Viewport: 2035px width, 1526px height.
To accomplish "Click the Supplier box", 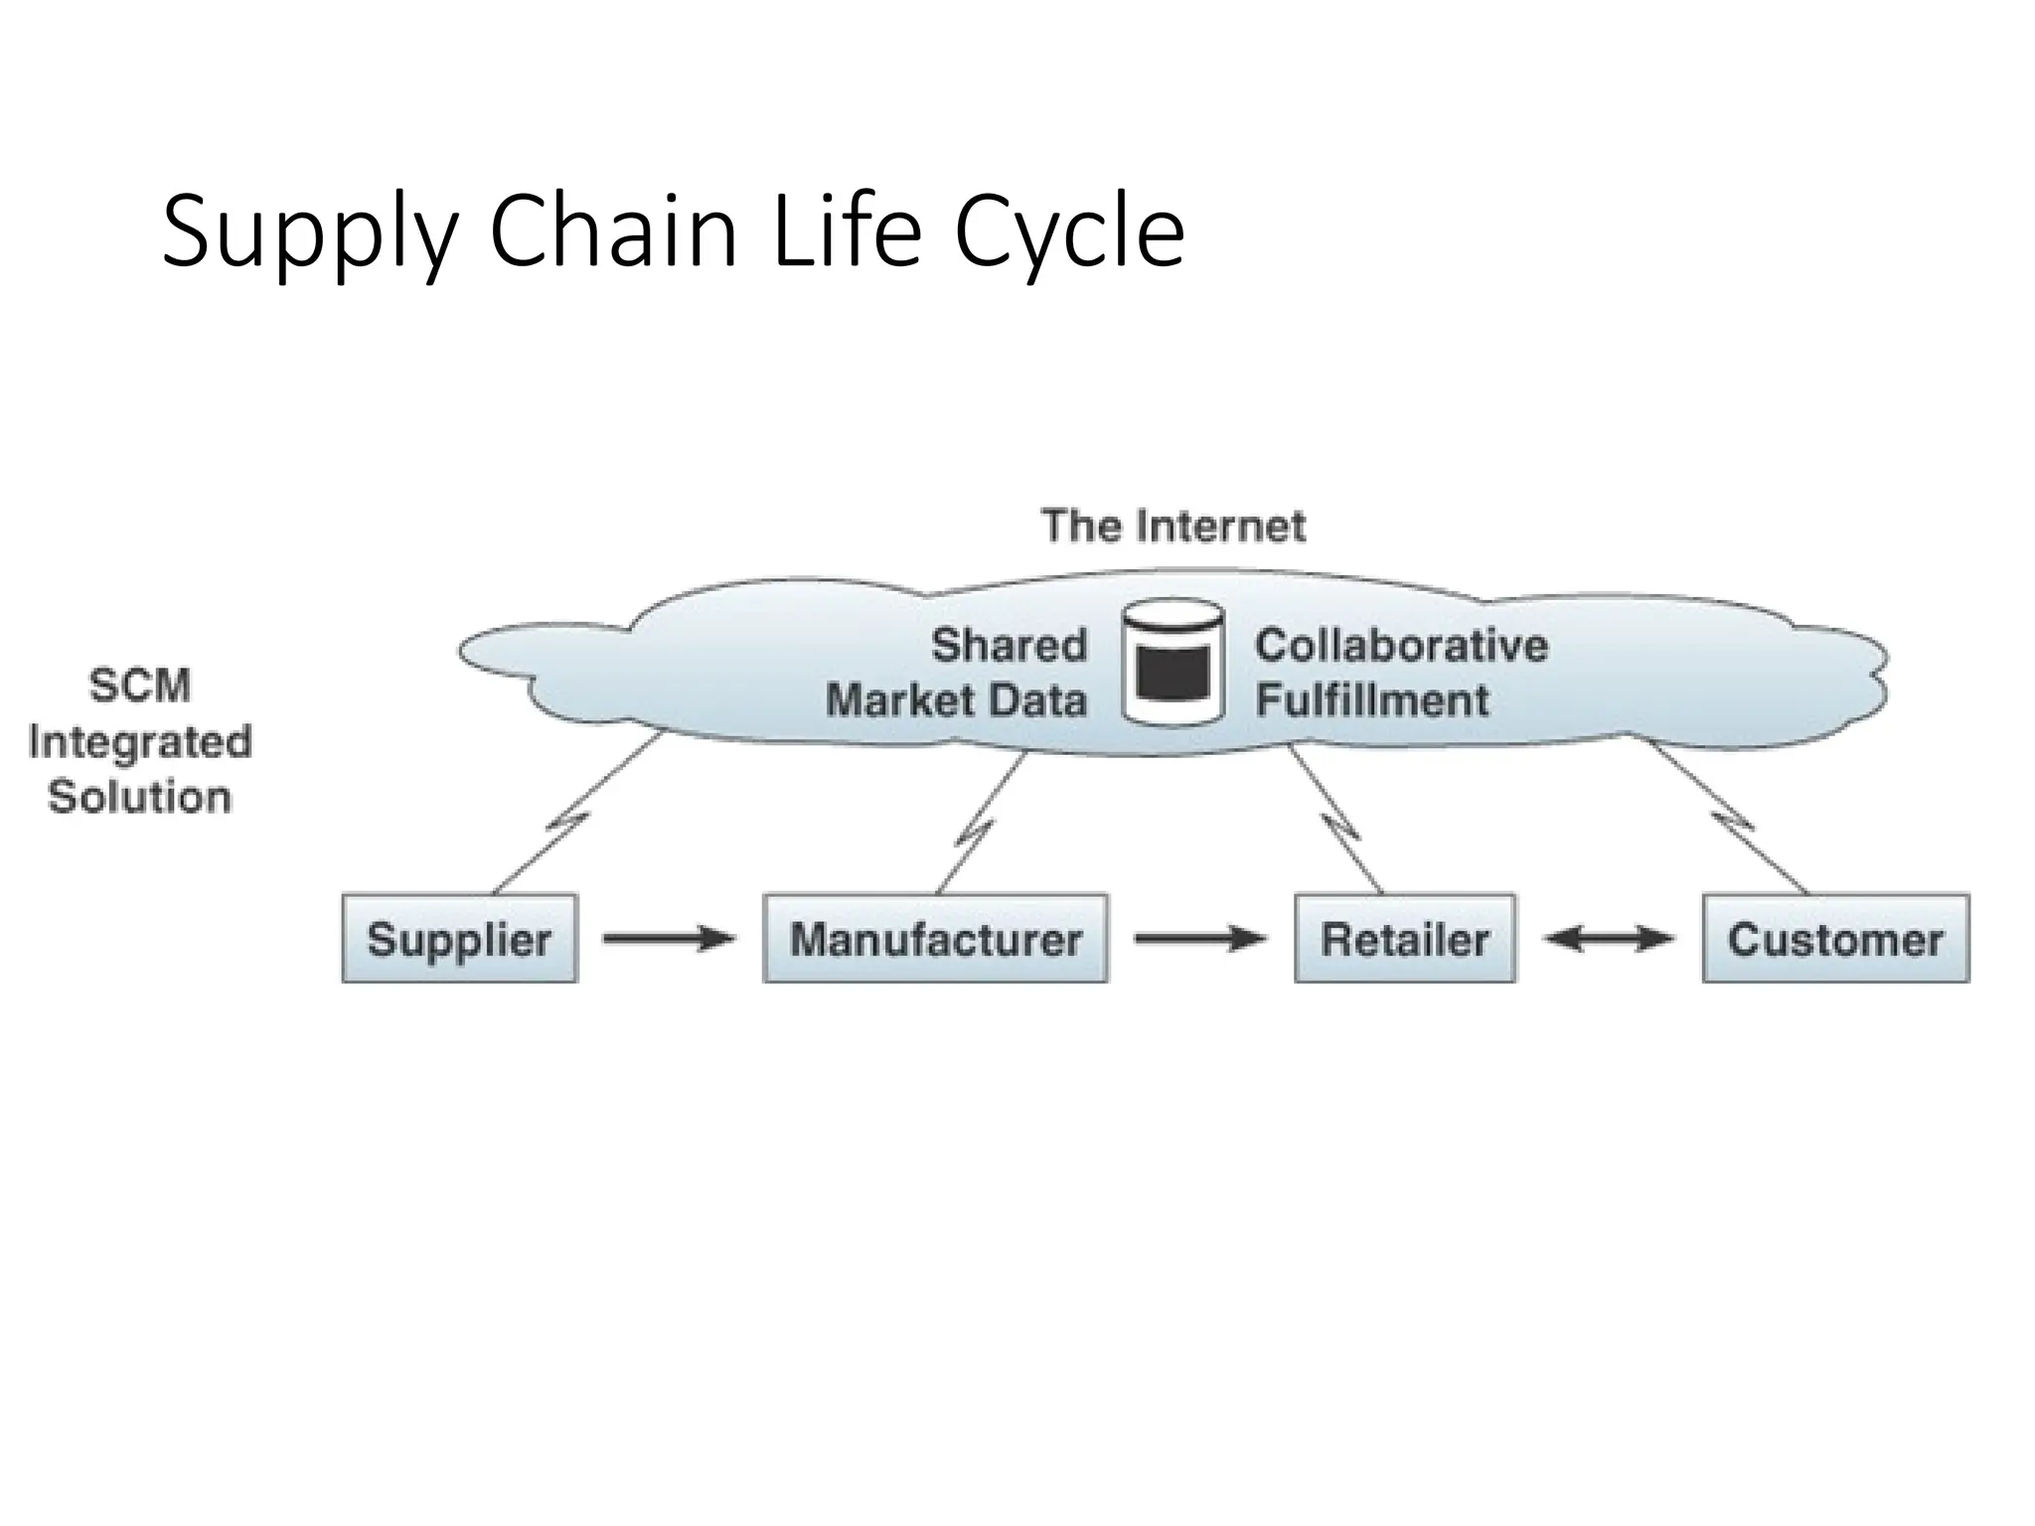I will coord(459,939).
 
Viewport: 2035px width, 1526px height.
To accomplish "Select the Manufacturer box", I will coord(935,939).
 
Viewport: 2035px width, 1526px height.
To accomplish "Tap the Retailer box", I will coord(1405,939).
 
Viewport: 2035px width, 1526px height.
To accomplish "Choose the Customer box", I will coord(1835,939).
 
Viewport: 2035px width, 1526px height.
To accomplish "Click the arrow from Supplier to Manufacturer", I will coord(668,939).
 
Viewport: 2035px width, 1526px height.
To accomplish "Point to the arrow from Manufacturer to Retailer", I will coord(1200,939).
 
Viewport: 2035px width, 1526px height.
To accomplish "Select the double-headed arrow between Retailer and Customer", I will coord(1609,939).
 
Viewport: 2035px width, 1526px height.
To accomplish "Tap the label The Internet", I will coord(1173,526).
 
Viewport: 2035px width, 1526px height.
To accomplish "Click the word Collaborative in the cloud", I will coord(1401,646).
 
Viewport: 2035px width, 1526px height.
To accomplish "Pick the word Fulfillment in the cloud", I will coord(1372,700).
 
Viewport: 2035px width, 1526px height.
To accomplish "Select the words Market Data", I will coord(956,700).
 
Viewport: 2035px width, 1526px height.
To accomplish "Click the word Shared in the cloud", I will coord(1009,646).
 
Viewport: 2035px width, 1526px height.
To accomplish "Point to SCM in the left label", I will coord(140,686).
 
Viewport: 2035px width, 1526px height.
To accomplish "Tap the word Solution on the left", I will coord(140,797).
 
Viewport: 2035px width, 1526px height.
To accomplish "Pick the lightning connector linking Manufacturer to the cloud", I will coord(979,821).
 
